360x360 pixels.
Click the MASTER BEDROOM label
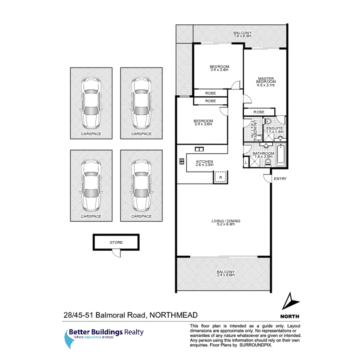267,80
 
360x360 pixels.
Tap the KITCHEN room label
204,161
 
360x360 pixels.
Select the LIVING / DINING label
226,221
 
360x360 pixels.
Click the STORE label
116,243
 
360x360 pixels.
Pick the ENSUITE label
275,128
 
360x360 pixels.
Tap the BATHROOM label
263,153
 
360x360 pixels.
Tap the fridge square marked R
220,177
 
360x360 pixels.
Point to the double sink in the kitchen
199,149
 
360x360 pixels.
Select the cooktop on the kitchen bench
181,161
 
